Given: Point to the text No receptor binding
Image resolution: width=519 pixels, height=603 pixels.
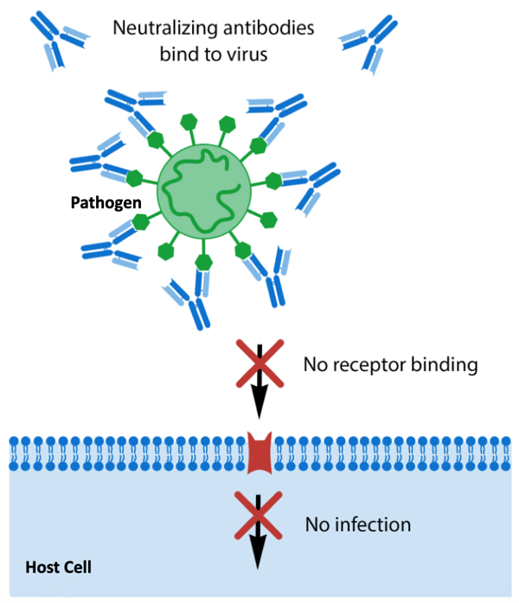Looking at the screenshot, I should click(391, 364).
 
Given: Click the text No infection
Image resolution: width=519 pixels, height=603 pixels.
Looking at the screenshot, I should click(358, 524).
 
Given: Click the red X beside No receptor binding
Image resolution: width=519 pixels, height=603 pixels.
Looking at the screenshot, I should click(259, 364).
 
